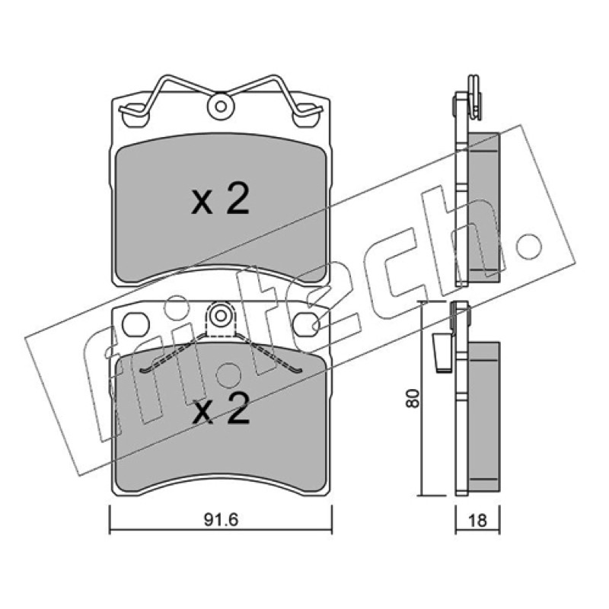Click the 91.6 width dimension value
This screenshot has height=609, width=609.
(221, 520)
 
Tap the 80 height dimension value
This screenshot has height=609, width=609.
(413, 397)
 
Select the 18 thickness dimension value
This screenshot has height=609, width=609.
(477, 520)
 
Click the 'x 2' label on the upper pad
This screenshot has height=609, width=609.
(220, 200)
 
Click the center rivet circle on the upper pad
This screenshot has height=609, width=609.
(221, 106)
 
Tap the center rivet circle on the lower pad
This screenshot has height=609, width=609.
(221, 316)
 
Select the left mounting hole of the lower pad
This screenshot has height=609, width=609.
(136, 324)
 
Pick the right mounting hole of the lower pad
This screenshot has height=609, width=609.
(306, 324)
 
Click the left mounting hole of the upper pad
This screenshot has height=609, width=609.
(135, 116)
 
